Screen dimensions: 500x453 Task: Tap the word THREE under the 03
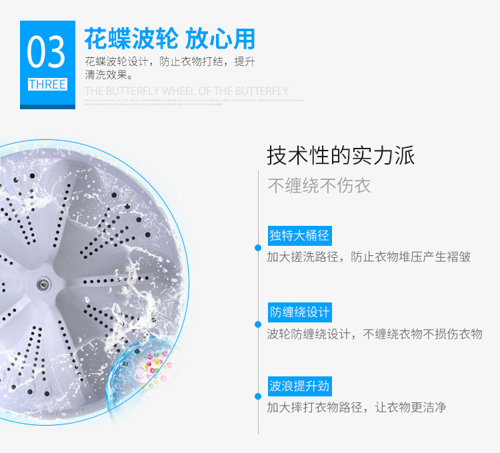47,85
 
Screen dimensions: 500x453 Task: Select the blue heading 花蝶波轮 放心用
169,38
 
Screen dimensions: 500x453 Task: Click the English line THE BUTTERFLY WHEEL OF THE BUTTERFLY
187,91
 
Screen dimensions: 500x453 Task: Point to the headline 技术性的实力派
341,155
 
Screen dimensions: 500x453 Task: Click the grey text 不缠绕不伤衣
319,185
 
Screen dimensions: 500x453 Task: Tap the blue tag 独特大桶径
299,235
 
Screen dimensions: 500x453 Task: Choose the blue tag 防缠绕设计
299,312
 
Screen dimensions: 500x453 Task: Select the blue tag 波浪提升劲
299,386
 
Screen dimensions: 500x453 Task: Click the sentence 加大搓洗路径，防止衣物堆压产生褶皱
369,256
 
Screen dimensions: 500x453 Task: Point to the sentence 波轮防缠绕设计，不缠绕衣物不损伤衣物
374,334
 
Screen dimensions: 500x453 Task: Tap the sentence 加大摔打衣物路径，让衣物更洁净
357,407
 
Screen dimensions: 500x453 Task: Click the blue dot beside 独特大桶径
258,248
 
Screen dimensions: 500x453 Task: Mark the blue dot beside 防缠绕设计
258,324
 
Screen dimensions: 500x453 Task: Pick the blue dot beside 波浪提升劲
258,398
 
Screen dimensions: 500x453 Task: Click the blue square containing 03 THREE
47,64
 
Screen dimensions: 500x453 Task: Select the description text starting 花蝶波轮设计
170,62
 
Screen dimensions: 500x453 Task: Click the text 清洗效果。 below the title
109,75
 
